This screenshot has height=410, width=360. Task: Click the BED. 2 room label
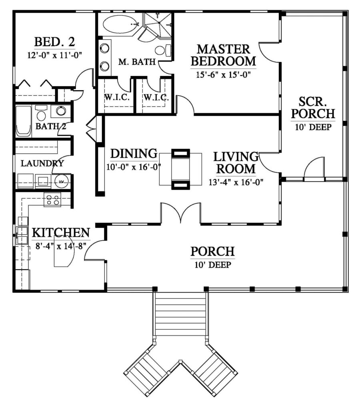point(55,42)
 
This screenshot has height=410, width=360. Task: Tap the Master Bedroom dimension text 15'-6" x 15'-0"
point(223,75)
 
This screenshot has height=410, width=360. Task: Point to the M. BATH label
point(137,62)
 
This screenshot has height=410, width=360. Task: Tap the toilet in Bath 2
point(41,113)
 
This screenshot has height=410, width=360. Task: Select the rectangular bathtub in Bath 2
point(24,121)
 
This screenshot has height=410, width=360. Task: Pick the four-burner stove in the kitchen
point(52,200)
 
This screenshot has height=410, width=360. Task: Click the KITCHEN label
point(61,233)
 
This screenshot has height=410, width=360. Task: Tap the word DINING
point(134,154)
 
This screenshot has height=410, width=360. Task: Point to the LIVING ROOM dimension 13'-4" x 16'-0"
point(236,182)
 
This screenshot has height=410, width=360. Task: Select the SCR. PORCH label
point(313,107)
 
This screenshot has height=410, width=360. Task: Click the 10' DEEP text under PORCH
point(213,265)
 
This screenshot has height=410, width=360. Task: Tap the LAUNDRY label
point(42,163)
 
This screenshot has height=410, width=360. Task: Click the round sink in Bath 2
point(61,111)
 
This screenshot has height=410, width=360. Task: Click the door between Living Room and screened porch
point(270,162)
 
